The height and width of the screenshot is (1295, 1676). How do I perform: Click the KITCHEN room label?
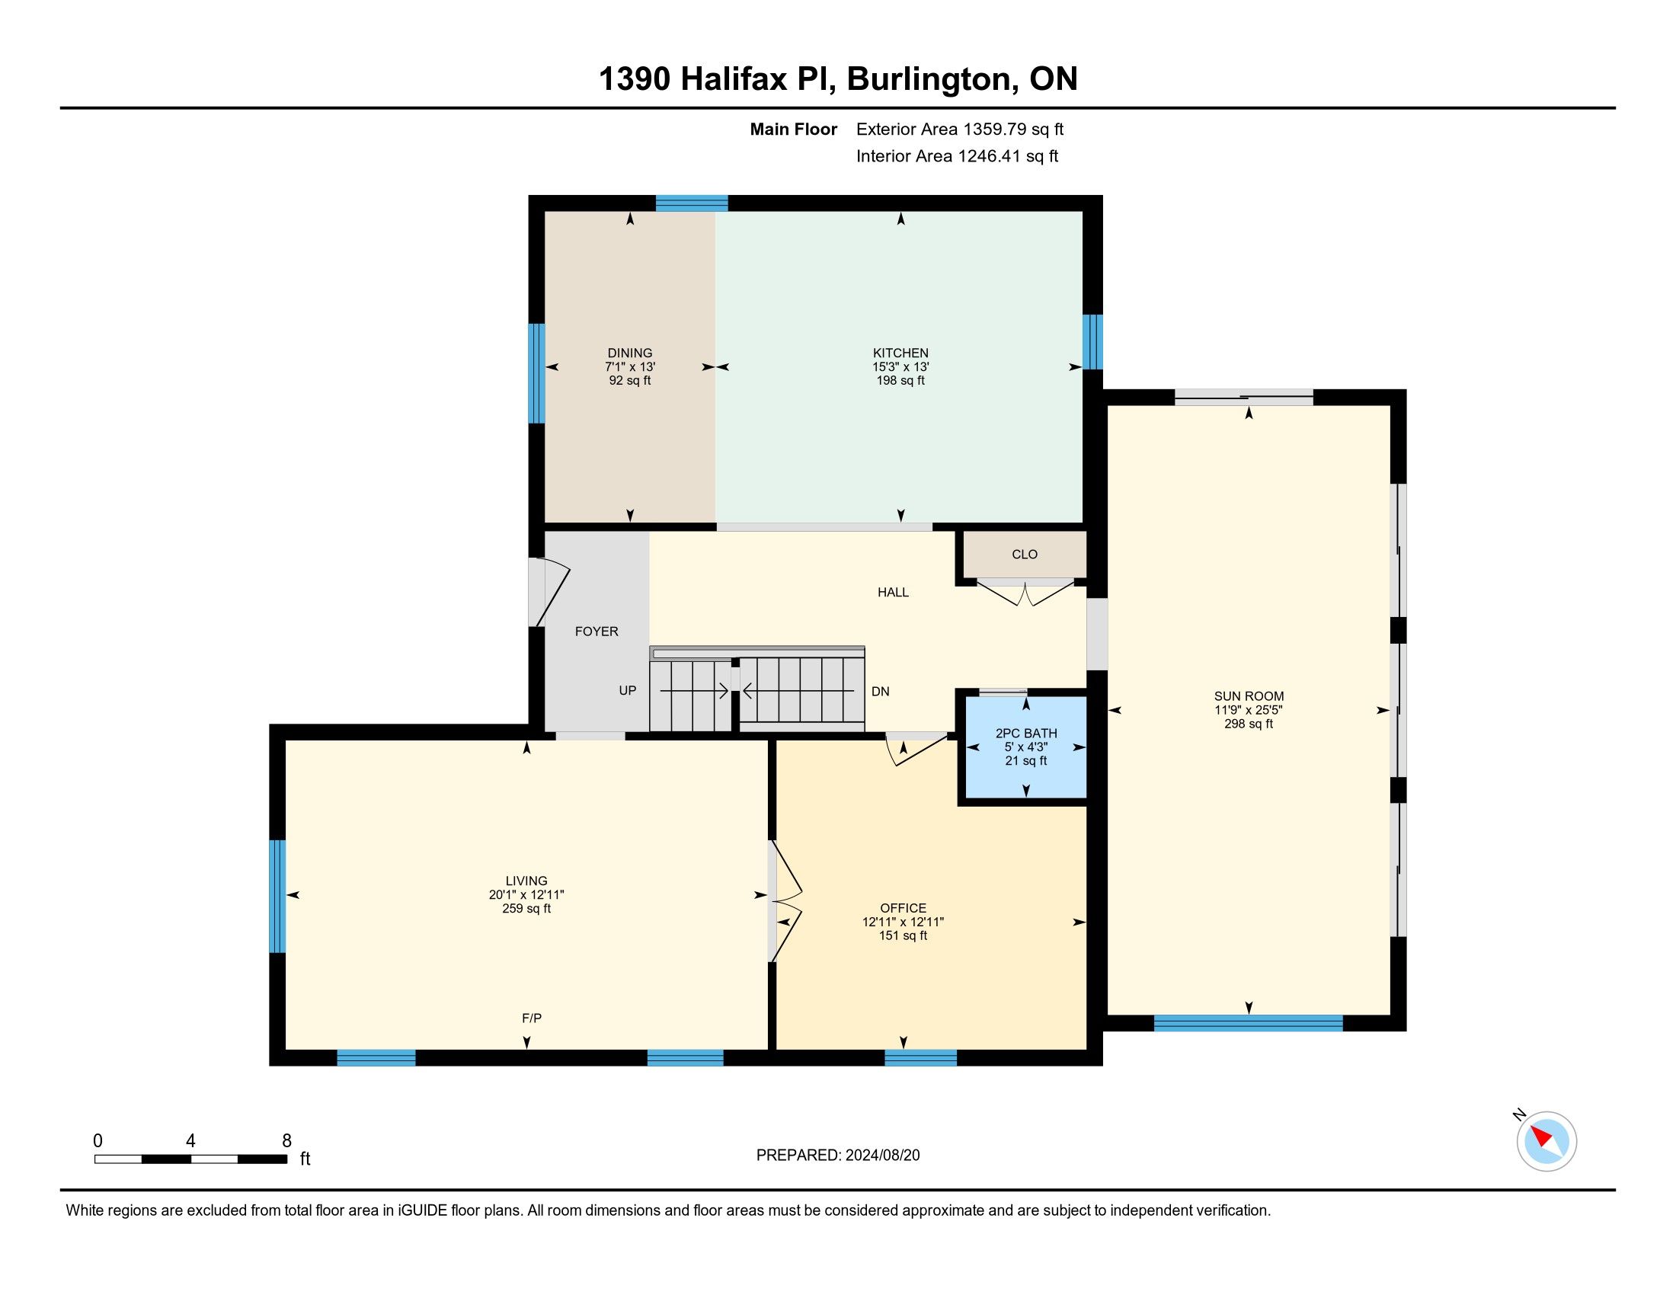(900, 353)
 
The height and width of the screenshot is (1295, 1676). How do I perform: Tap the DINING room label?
(630, 353)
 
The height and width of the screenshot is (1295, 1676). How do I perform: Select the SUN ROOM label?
(1249, 696)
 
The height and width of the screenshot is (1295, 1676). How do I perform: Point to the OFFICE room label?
(904, 908)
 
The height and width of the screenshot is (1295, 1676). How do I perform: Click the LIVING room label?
(526, 881)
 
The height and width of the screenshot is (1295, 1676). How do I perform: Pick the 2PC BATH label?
(1026, 734)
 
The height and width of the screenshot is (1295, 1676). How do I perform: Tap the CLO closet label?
(1025, 554)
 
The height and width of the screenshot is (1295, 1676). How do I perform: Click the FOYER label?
(597, 632)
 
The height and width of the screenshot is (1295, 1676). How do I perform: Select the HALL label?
(894, 592)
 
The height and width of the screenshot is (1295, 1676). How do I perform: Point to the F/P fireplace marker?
(532, 1018)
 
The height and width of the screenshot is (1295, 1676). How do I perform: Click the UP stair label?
(628, 690)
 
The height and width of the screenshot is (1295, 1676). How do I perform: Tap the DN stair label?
(880, 691)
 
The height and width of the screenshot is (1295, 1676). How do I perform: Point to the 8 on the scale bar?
(287, 1141)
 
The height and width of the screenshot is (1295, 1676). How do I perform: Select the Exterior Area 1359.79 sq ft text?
(960, 129)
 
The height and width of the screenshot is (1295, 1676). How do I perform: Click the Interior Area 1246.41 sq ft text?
(957, 155)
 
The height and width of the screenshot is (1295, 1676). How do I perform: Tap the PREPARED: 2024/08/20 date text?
(838, 1156)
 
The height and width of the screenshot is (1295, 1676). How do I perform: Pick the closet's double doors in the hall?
(1025, 592)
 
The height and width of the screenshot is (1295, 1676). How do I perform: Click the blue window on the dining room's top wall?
(692, 203)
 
